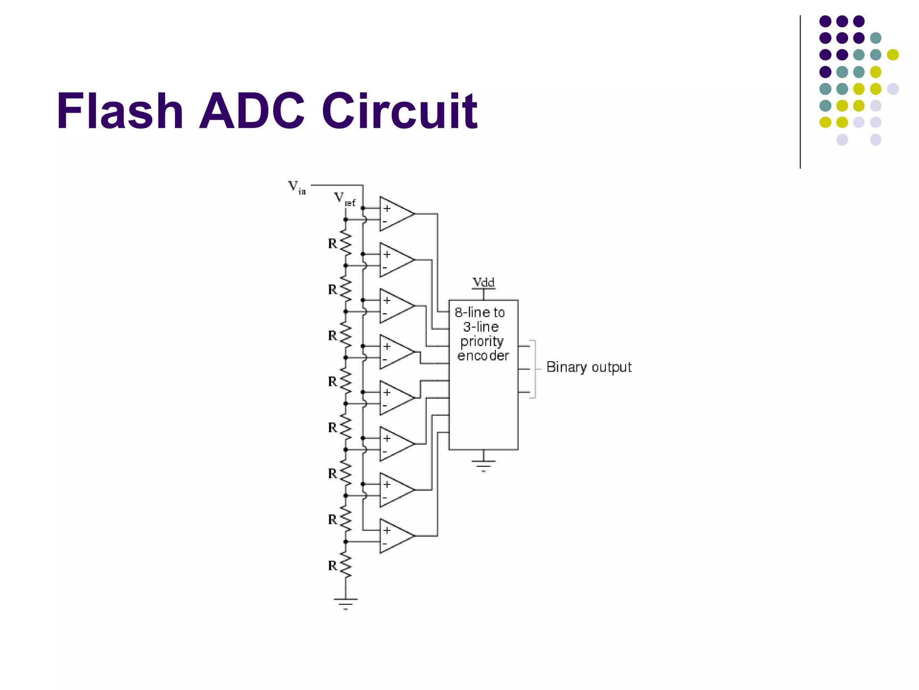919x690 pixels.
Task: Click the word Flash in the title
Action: (120, 111)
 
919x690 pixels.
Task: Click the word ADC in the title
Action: (252, 111)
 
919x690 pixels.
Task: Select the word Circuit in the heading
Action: (399, 111)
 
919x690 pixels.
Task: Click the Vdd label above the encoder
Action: (483, 283)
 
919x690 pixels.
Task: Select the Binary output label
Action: (589, 367)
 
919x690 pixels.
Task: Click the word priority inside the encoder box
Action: (482, 341)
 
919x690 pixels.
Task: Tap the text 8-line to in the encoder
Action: (479, 312)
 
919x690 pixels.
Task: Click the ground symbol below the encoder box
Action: (483, 464)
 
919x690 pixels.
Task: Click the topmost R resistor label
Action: (332, 243)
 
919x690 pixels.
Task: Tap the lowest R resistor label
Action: (332, 566)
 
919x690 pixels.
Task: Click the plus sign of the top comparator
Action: (387, 208)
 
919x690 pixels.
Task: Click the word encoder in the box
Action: (483, 356)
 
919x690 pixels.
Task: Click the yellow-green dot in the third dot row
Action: (893, 55)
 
